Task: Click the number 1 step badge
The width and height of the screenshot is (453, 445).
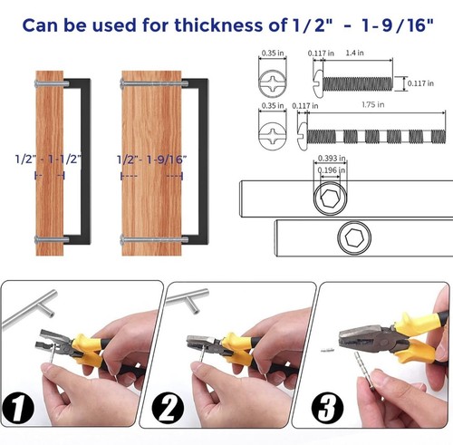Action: (17, 409)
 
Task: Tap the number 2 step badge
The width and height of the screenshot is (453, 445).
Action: (168, 408)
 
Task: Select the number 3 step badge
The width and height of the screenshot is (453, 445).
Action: (327, 408)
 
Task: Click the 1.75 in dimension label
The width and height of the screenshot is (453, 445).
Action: (373, 105)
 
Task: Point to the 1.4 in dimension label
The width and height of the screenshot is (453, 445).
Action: (354, 53)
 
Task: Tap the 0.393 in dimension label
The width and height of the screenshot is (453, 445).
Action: (332, 158)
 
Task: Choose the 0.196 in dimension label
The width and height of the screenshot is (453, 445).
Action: (332, 170)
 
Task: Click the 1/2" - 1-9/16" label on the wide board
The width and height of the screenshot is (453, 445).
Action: (152, 160)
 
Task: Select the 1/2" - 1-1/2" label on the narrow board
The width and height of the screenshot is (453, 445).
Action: (48, 159)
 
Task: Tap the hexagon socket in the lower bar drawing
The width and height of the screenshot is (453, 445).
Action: (354, 237)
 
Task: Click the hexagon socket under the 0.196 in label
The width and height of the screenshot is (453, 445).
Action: (330, 198)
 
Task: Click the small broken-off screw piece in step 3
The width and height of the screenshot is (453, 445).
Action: (327, 350)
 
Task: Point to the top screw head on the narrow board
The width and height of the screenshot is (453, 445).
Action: (36, 83)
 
